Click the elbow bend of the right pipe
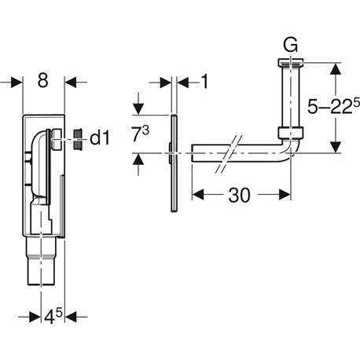[x=291, y=153]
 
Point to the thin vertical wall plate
[x=171, y=156]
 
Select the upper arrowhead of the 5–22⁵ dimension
[x=337, y=68]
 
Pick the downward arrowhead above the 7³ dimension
[x=141, y=110]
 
